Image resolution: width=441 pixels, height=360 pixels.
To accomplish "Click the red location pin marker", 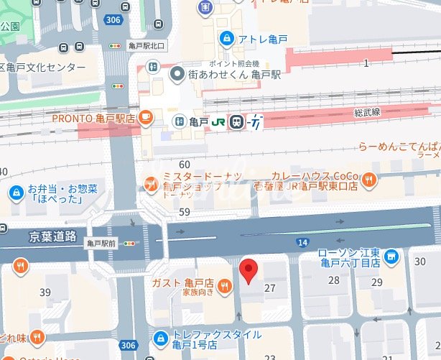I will pyautogui.click(x=248, y=271).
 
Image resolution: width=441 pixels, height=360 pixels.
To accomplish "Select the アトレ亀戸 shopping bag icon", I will pyautogui.click(x=226, y=37).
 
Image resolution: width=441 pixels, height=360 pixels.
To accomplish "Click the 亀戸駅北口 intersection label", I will pyautogui.click(x=147, y=46).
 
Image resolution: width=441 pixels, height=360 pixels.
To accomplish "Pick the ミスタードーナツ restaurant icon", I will pyautogui.click(x=151, y=183).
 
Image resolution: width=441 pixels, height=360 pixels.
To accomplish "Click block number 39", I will pyautogui.click(x=45, y=292).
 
